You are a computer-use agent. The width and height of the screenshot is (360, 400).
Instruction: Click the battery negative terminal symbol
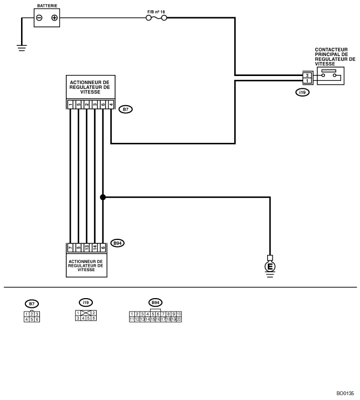point(39,18)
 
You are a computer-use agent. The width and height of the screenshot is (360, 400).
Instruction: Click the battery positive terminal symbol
point(55,18)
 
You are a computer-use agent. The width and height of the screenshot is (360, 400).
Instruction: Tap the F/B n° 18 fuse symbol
point(157,18)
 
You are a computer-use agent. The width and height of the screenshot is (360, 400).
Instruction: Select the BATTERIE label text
point(47,5)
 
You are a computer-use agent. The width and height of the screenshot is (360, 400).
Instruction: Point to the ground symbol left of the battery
point(22,48)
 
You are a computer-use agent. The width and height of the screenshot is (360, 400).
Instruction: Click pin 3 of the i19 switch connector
point(307,75)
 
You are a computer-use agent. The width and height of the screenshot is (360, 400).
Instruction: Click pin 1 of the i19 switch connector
point(307,81)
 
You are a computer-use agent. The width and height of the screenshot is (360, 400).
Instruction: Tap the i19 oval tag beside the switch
point(303,92)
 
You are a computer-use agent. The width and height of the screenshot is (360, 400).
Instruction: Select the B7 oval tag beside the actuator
point(126,109)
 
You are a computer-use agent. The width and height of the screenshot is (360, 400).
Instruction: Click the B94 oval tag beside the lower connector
point(118,243)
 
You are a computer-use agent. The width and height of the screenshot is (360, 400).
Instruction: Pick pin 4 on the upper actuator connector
point(111,105)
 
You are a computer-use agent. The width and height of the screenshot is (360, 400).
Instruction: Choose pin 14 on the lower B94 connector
point(95,247)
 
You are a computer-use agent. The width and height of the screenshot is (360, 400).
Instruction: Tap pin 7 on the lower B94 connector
point(70,247)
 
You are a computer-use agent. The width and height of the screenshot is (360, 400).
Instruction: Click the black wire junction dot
point(103,197)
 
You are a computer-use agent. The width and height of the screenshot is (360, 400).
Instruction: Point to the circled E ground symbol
point(270,267)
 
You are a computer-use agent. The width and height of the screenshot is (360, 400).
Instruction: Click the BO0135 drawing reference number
point(345,394)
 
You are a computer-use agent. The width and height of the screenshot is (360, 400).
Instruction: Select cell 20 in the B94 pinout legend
point(179,319)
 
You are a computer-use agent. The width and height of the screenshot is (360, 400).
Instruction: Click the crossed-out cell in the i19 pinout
point(86,313)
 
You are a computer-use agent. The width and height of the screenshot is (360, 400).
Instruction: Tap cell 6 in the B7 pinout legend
point(37,319)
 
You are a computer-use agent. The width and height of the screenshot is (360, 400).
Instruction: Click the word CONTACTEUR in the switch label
point(331,50)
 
